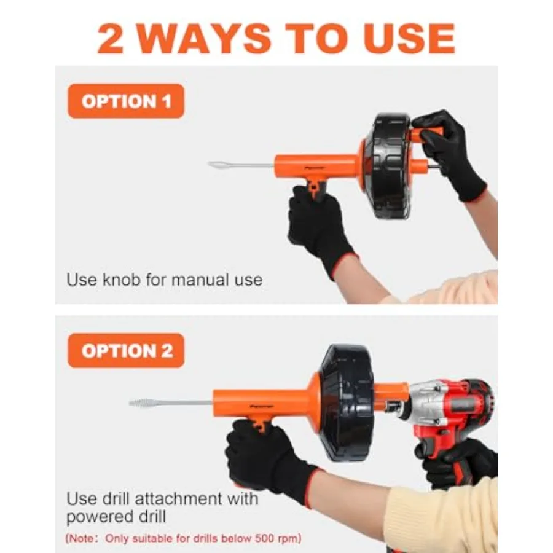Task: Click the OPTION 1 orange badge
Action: coord(126,101)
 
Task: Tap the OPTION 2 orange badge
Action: coord(126,351)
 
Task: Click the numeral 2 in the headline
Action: coord(111,39)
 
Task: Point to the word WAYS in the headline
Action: coord(205,39)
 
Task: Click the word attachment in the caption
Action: coord(179,499)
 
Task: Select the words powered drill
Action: coord(116,517)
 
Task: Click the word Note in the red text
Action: coord(82,539)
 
